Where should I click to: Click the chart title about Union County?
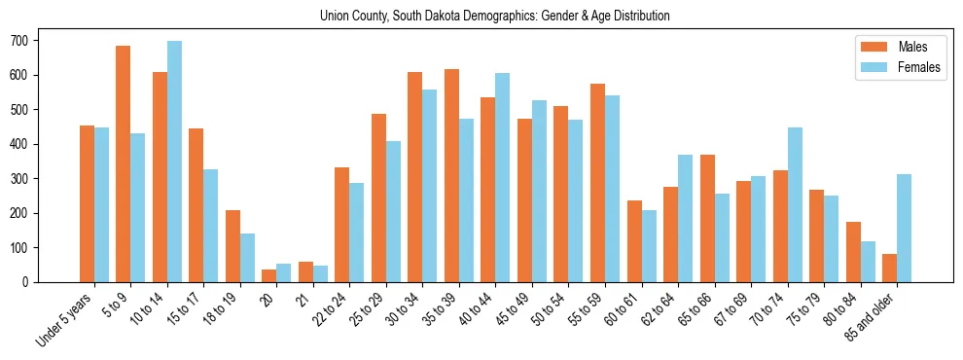coord(494,17)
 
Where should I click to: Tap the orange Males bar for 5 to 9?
coord(124,163)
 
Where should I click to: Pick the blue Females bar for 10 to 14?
coord(174,162)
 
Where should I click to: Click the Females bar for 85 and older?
coord(904,228)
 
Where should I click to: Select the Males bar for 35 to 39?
coord(451,175)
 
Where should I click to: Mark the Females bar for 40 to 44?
coord(503,177)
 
